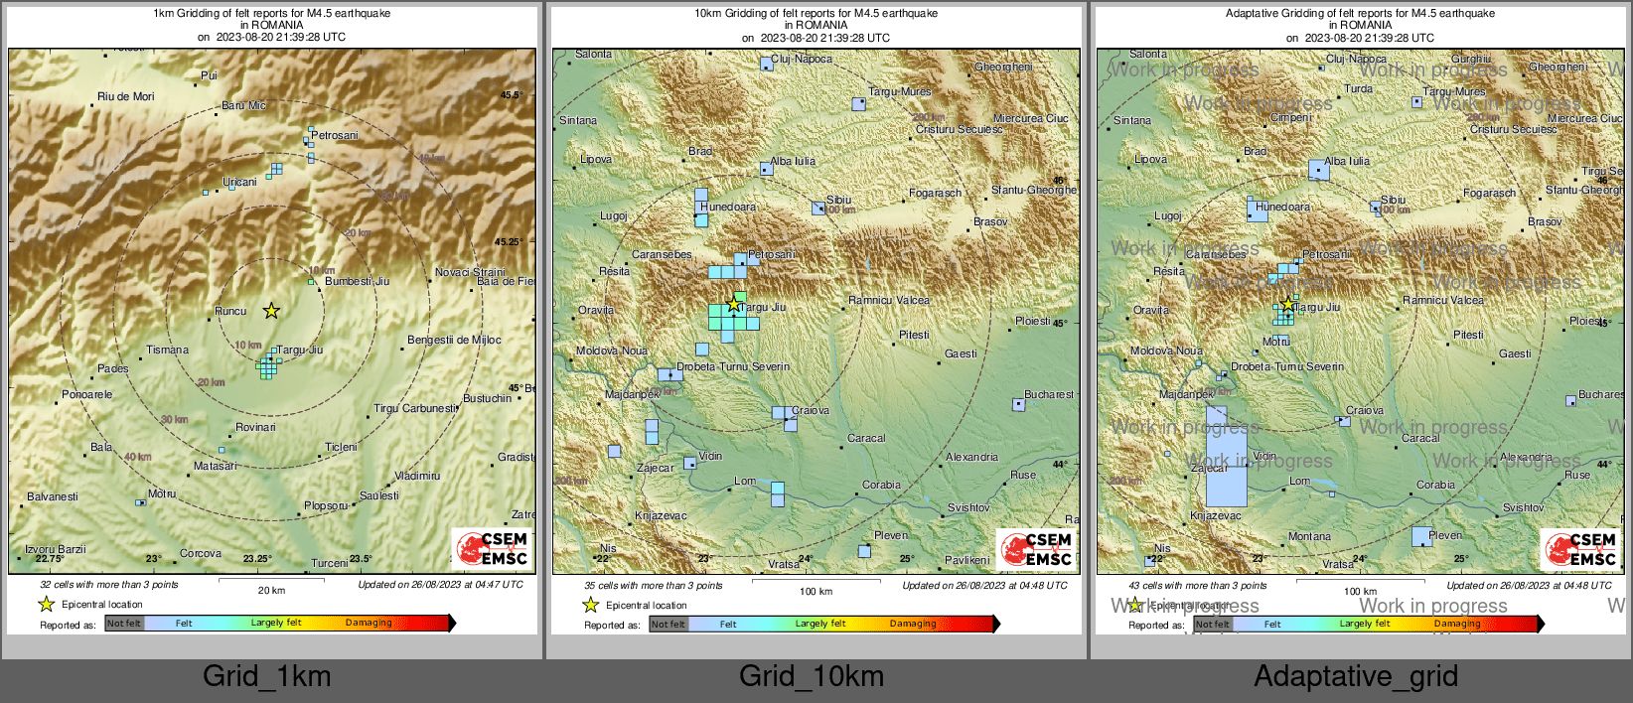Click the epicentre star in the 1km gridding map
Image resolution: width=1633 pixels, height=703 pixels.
point(271,311)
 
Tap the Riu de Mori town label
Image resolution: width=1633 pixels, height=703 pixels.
point(125,96)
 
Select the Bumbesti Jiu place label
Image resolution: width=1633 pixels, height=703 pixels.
point(357,281)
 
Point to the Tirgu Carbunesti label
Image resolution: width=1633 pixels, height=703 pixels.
point(414,408)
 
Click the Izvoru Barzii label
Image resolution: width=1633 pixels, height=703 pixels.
point(56,549)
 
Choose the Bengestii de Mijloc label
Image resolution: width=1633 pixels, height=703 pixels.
point(454,340)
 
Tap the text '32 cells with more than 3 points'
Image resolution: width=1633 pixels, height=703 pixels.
point(109,585)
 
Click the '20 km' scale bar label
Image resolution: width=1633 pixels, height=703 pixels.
point(271,591)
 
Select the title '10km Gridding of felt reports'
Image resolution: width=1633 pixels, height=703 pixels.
point(816,14)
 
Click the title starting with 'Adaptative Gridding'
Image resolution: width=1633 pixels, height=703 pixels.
point(1360,14)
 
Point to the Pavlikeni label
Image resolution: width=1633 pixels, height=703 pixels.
point(966,560)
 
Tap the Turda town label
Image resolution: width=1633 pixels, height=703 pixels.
point(1358,88)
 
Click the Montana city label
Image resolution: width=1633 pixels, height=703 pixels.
point(1309,536)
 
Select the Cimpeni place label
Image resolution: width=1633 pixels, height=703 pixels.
point(1291,117)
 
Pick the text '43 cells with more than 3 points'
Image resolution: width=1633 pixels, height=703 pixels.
point(1198,586)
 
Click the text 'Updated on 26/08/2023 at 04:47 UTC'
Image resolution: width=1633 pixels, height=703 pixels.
point(440,585)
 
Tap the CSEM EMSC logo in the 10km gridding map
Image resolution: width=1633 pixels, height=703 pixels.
point(1035,549)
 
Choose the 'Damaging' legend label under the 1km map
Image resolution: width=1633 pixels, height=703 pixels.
point(369,623)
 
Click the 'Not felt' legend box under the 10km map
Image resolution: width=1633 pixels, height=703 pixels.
point(668,625)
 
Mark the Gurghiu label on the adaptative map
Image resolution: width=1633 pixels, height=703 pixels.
point(1471,60)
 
